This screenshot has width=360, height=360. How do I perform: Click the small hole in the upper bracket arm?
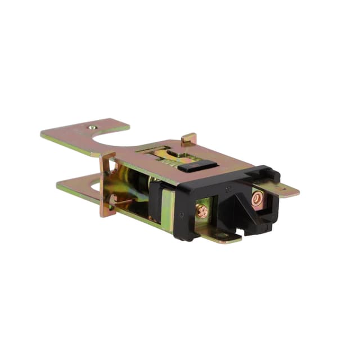tap(93, 127)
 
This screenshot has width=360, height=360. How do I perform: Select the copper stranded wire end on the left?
tap(202, 211)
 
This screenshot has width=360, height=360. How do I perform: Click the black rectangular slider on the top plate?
tap(200, 165)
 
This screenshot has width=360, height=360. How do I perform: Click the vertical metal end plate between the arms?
tap(107, 186)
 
